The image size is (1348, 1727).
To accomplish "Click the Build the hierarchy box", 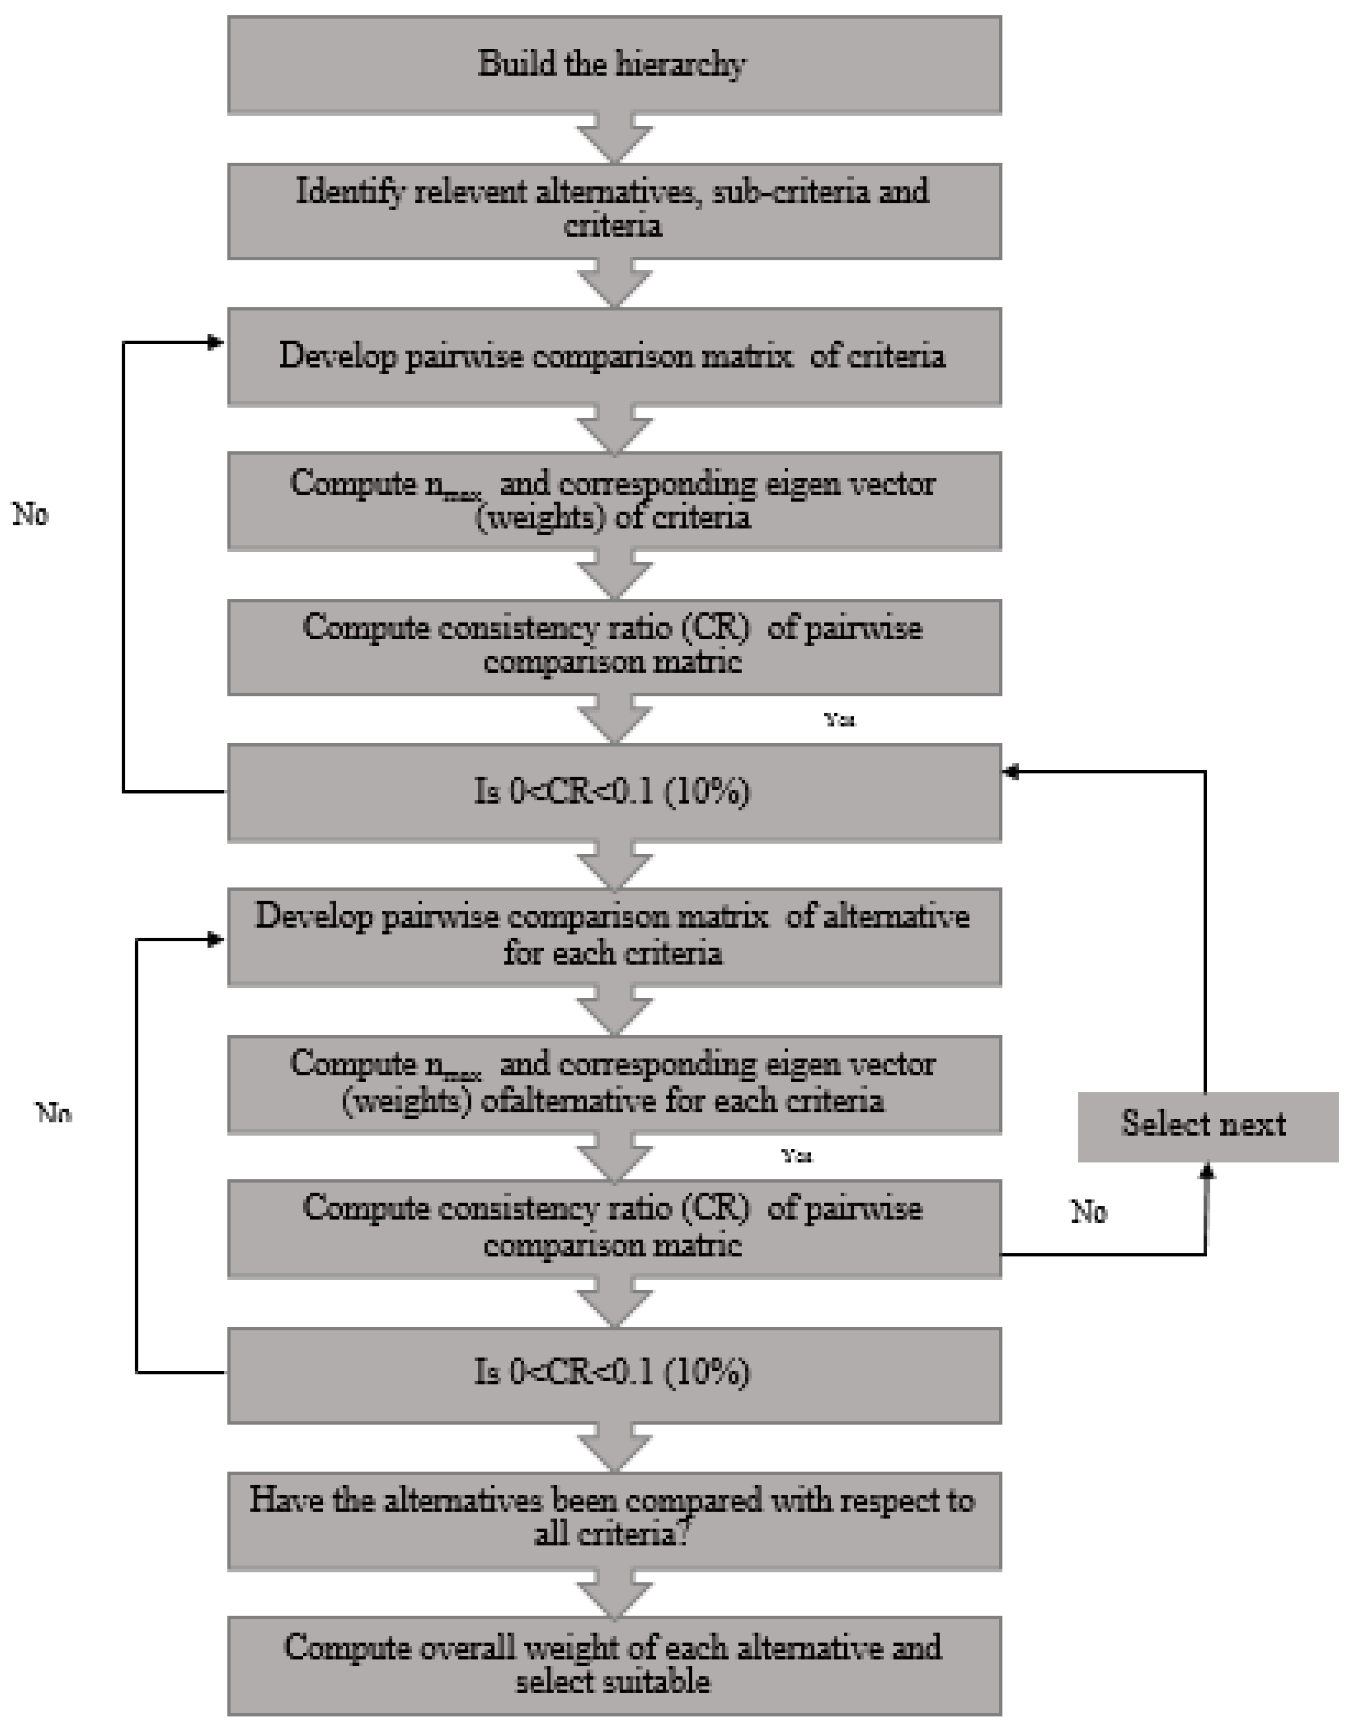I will click(614, 65).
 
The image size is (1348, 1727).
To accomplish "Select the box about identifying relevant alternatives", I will click(614, 210).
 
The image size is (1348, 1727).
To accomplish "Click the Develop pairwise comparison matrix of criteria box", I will click(614, 357).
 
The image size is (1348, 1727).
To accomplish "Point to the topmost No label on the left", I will click(30, 515).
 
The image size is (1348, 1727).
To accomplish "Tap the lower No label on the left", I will click(54, 1113).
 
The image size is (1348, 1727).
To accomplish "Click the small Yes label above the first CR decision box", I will click(840, 720).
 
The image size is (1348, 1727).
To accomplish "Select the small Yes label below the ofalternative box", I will click(797, 1156).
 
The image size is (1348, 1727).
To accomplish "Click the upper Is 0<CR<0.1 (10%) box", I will click(614, 792).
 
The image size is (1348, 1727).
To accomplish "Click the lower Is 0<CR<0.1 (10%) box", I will click(614, 1374).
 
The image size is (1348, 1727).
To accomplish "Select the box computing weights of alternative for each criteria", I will click(614, 1084).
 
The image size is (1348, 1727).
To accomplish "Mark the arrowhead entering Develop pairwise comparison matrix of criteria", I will click(215, 343).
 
